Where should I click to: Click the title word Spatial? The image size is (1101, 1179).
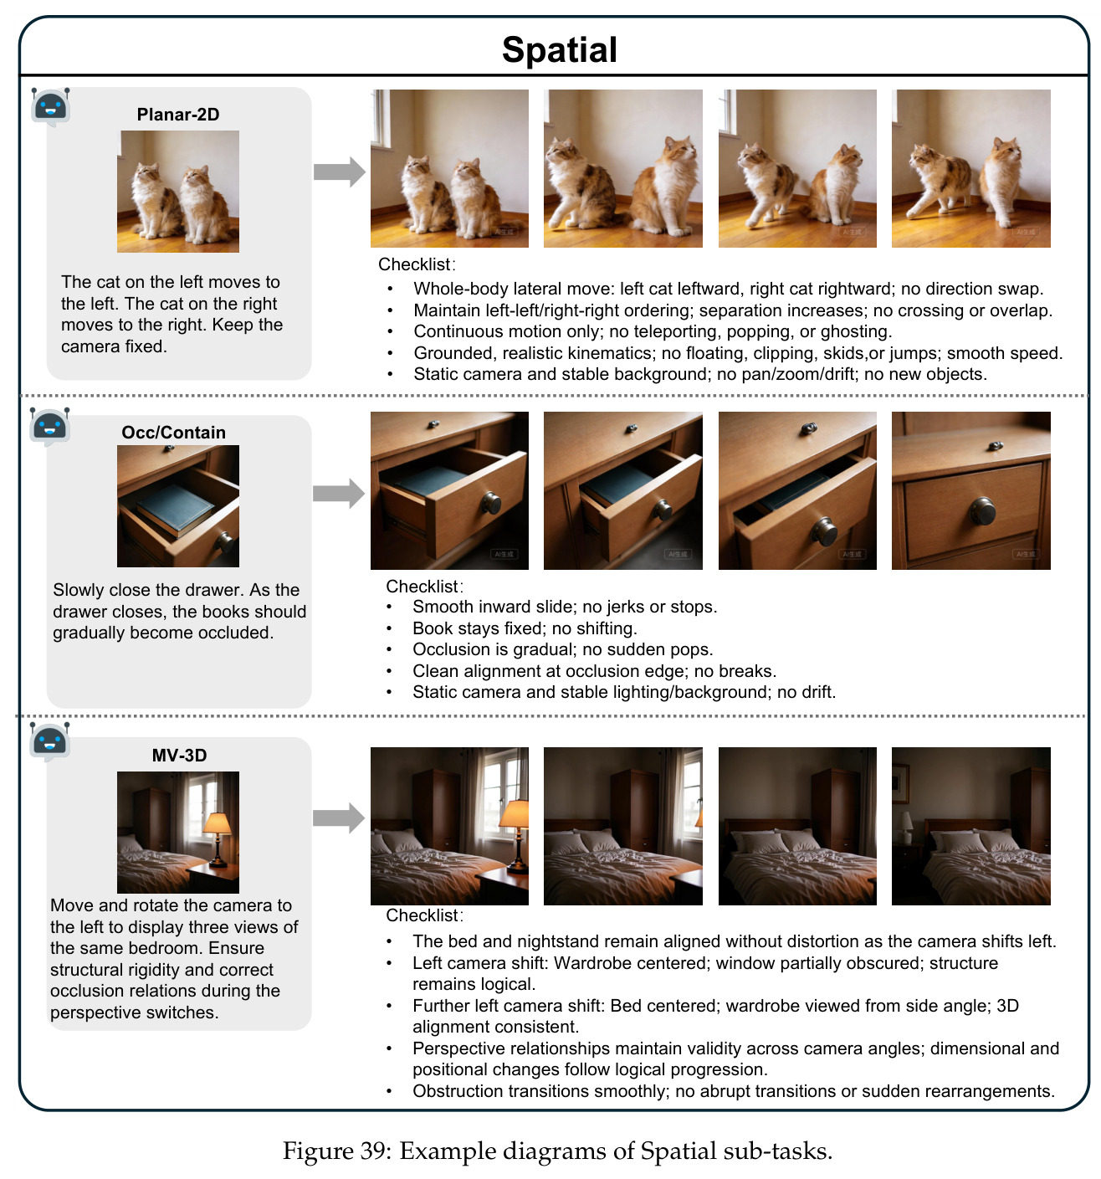(559, 49)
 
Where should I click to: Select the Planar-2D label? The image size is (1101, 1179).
(178, 114)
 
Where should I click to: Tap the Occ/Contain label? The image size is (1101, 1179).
(173, 432)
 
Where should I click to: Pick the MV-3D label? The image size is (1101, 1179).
(179, 755)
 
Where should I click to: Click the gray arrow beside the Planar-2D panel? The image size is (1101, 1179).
(339, 172)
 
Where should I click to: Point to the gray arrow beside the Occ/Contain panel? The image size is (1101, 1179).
(339, 493)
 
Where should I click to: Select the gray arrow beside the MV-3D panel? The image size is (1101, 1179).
(339, 818)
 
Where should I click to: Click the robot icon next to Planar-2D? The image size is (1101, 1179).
(50, 107)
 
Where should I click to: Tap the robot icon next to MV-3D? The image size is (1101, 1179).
(50, 741)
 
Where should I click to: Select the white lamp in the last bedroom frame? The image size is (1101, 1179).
(907, 827)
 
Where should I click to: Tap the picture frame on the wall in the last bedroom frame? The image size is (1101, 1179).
(900, 782)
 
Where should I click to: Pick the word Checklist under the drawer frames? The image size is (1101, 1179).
(422, 586)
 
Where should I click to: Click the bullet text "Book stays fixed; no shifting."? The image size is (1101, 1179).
(525, 628)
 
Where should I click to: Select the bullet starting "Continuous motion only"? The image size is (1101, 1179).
(653, 331)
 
